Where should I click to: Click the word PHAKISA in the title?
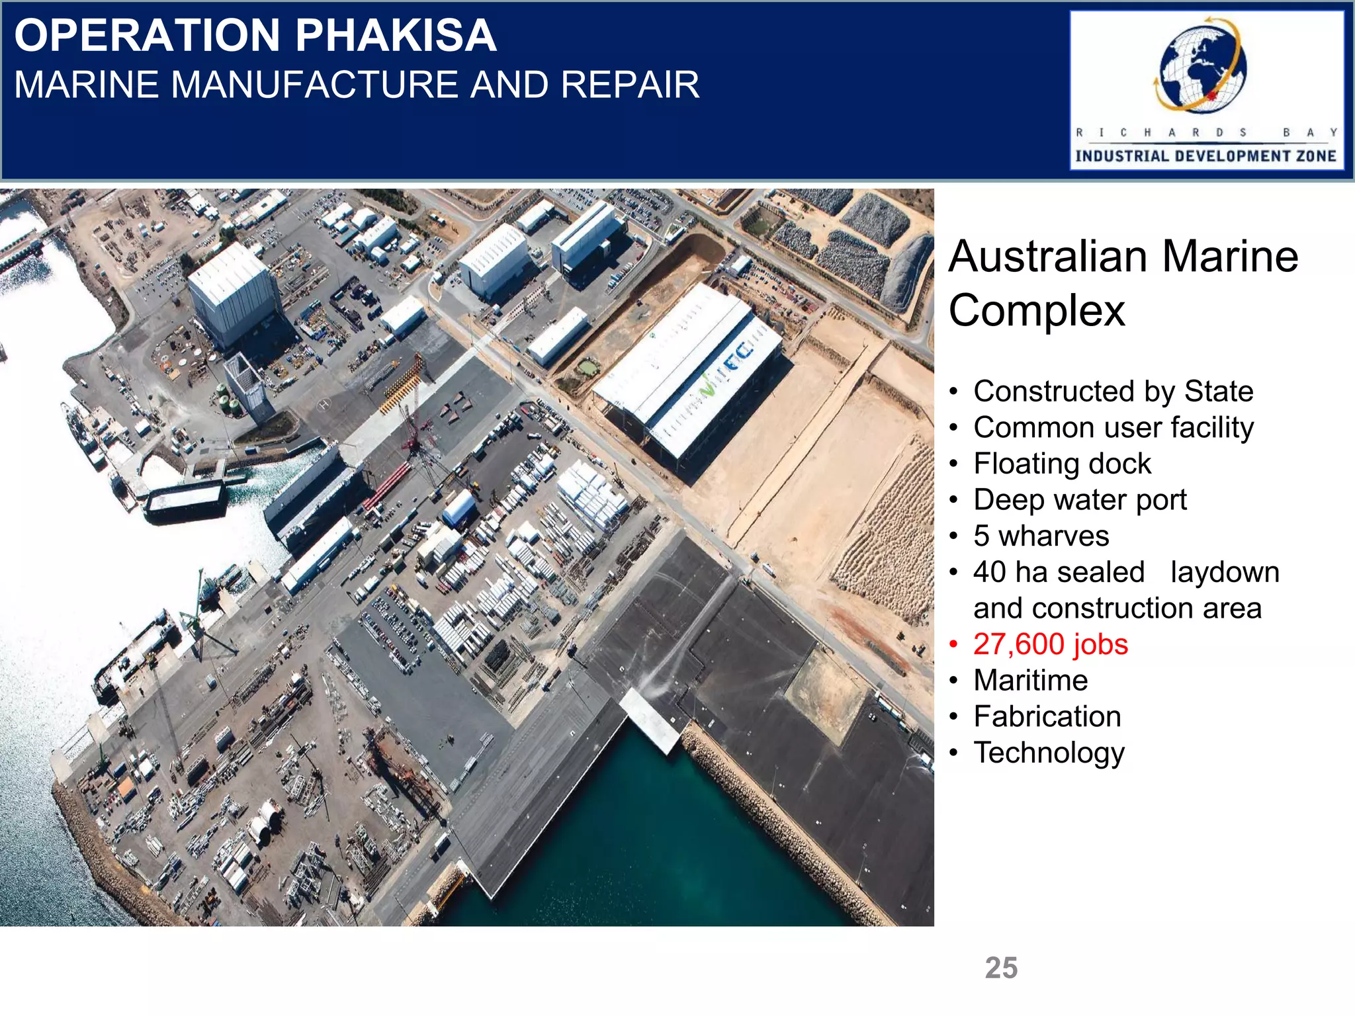pyautogui.click(x=396, y=36)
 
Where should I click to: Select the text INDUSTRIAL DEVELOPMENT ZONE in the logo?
pyautogui.click(x=1205, y=156)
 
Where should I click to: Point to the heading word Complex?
pyautogui.click(x=1036, y=311)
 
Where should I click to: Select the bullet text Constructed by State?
pyautogui.click(x=1113, y=392)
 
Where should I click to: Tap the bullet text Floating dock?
pyautogui.click(x=1062, y=464)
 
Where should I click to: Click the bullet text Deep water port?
pyautogui.click(x=1080, y=500)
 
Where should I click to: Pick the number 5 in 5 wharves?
pyautogui.click(x=981, y=536)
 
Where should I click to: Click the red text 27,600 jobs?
pyautogui.click(x=1050, y=645)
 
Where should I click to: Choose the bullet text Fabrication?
pyautogui.click(x=1047, y=717)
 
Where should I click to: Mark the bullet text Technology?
pyautogui.click(x=1049, y=753)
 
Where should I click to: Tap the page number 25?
pyautogui.click(x=1001, y=968)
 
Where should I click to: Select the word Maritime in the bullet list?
pyautogui.click(x=1030, y=681)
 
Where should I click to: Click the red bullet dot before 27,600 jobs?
pyautogui.click(x=953, y=645)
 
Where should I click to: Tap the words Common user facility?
pyautogui.click(x=1113, y=428)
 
